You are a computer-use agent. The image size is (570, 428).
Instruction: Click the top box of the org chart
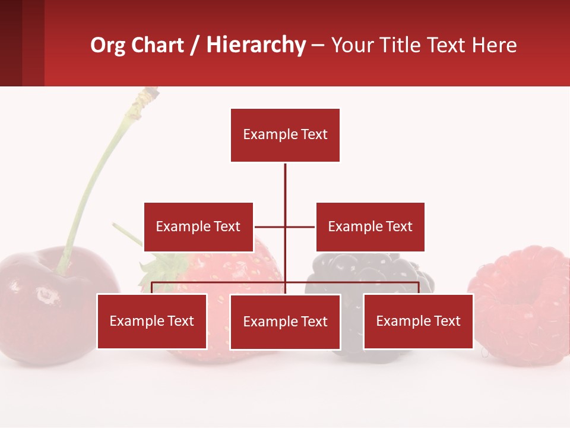pos(285,135)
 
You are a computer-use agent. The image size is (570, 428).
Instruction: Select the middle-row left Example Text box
pos(198,226)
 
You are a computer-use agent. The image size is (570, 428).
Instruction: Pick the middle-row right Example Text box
pos(370,226)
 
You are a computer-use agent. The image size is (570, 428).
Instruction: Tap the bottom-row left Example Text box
pos(151,321)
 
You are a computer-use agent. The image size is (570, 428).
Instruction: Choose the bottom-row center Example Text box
pos(285,322)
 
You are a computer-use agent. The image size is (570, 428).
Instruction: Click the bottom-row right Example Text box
pos(418,321)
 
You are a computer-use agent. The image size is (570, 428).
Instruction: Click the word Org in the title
pos(107,46)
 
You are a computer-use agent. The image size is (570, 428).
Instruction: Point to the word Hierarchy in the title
pos(256,46)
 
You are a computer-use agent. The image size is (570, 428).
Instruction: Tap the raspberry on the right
pos(522,306)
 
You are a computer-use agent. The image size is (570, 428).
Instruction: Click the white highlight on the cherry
pos(46,295)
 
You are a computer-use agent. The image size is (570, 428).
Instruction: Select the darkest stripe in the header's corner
pos(11,43)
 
